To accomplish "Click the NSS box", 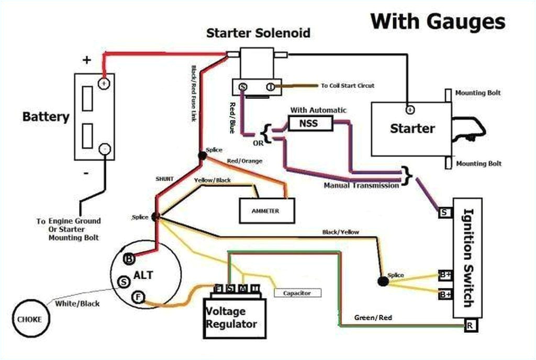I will [x=310, y=123].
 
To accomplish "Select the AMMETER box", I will [x=266, y=211].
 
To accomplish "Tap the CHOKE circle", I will [x=30, y=318].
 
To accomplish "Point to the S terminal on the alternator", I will [x=124, y=282].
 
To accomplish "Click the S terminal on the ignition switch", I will [x=444, y=212].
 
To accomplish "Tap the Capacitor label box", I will [x=297, y=293].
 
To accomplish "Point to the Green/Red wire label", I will [x=373, y=318].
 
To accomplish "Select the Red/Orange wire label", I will [x=244, y=161].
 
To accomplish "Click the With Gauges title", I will [x=438, y=21].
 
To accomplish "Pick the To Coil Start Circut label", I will [x=348, y=85].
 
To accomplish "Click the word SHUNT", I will [x=164, y=178].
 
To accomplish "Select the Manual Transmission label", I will [x=361, y=185].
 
